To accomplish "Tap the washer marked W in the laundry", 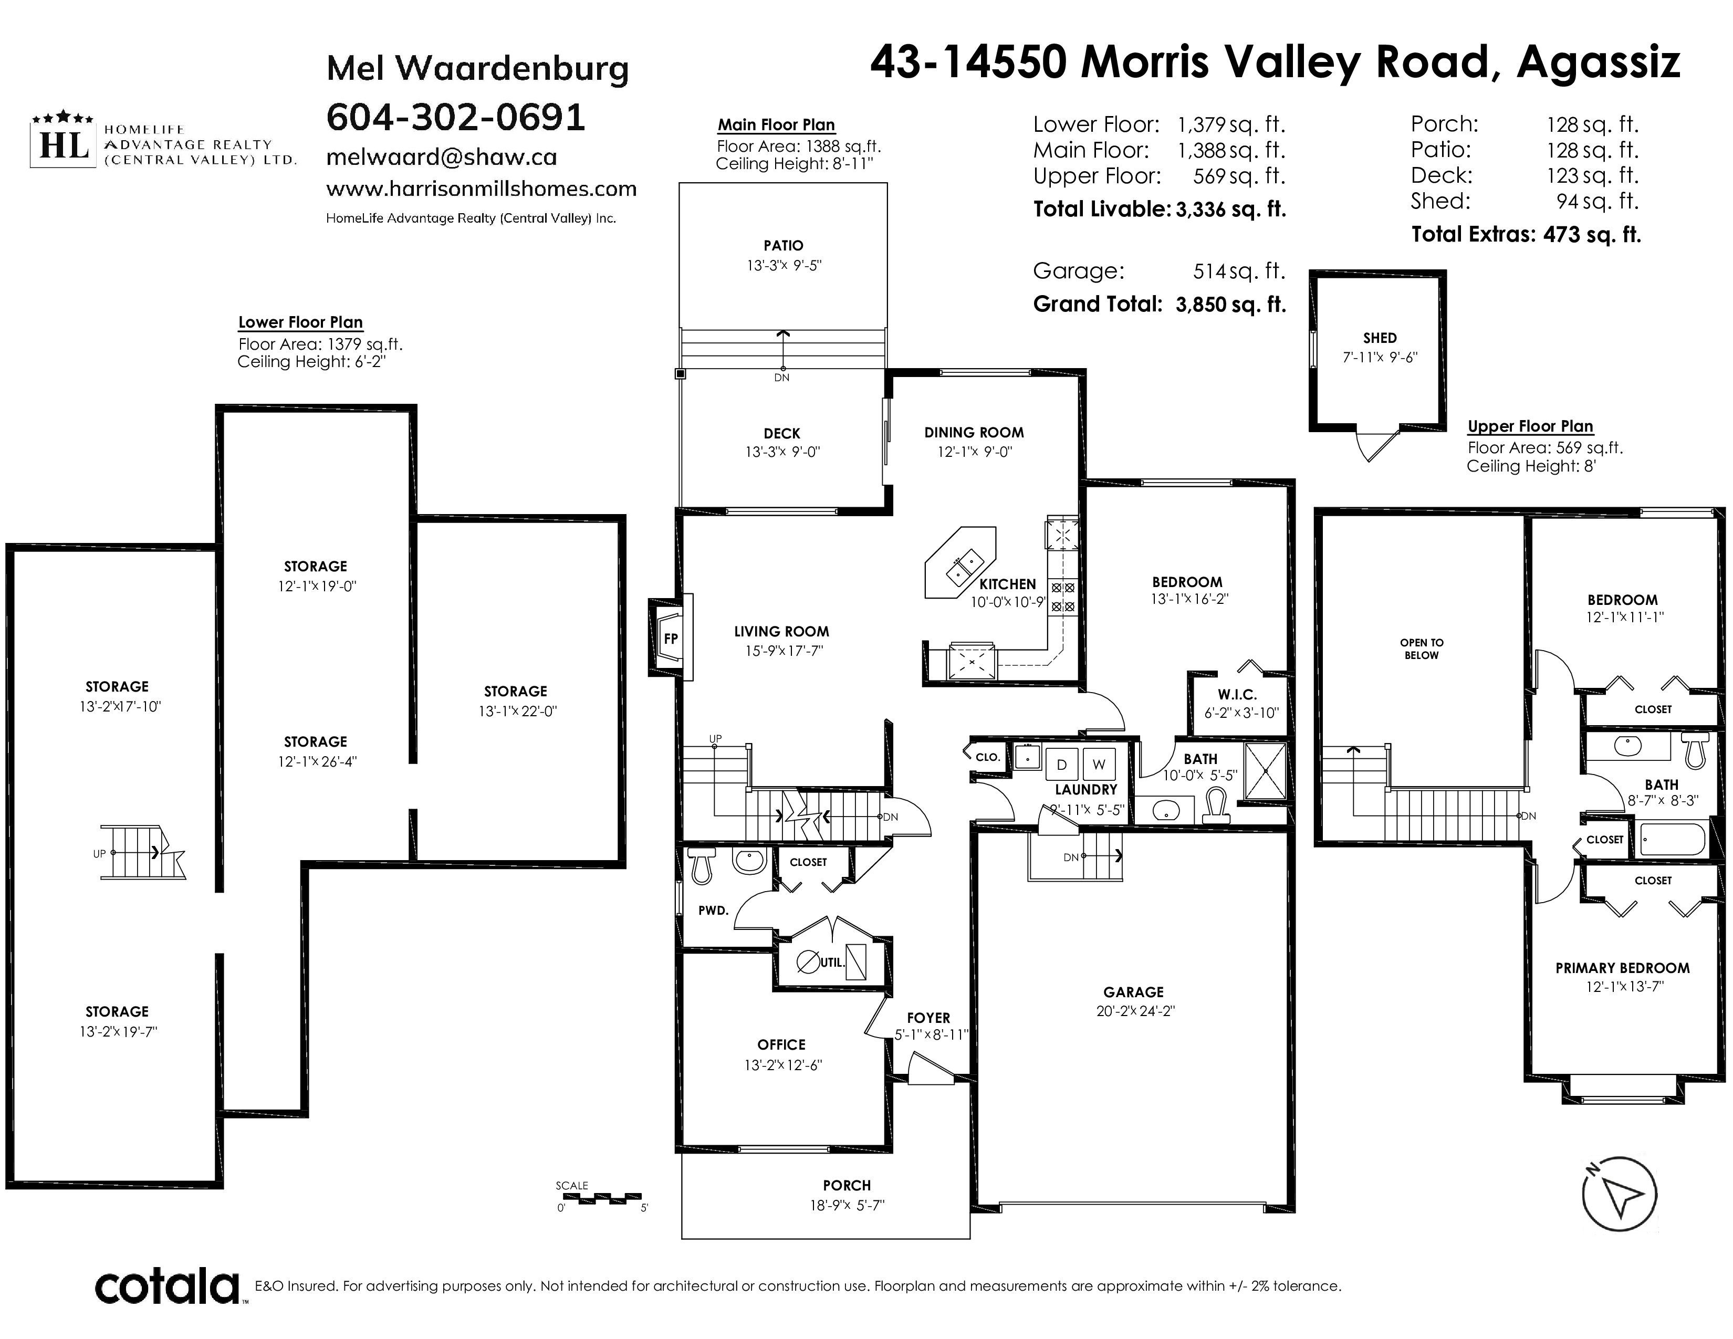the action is pyautogui.click(x=1099, y=765).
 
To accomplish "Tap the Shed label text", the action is pyautogui.click(x=1380, y=338).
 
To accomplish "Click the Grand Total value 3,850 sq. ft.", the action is pyautogui.click(x=1231, y=305).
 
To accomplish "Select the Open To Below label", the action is pyautogui.click(x=1421, y=649).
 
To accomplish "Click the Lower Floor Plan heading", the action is pyautogui.click(x=301, y=322).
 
